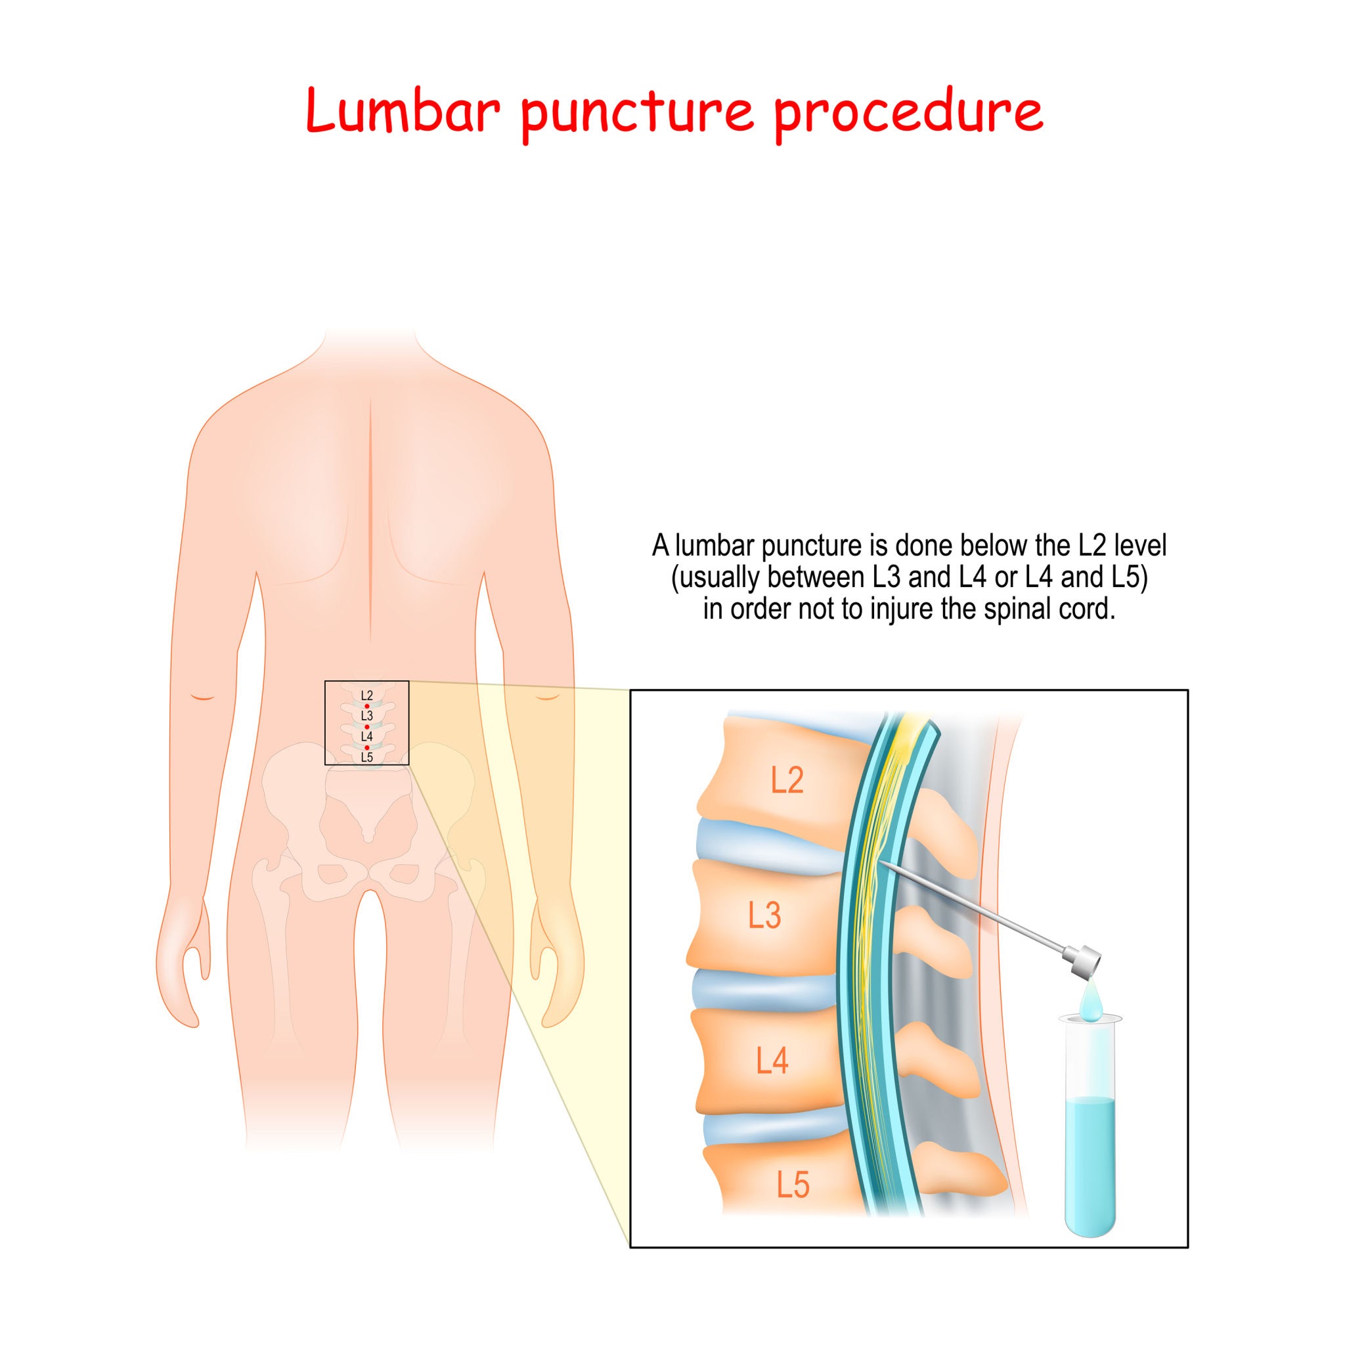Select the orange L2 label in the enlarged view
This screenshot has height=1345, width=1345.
787,780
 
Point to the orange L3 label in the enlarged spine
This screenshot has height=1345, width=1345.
764,915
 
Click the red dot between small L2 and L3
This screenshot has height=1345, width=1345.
367,706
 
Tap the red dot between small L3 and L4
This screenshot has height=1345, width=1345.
367,726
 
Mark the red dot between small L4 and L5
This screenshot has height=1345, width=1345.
367,747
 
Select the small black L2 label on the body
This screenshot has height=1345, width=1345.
367,695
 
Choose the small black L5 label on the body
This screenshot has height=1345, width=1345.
367,757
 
